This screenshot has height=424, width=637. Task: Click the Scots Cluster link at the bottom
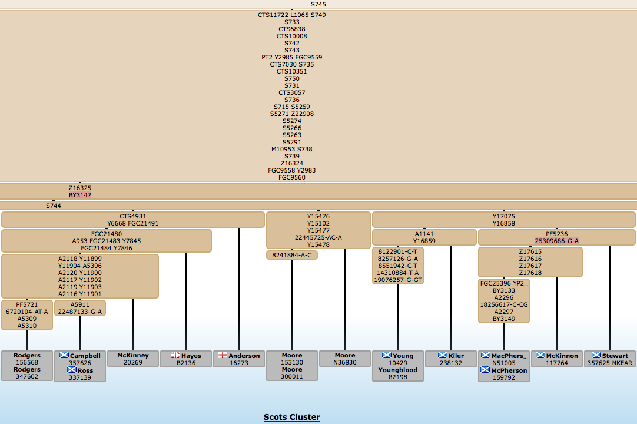pos(291,417)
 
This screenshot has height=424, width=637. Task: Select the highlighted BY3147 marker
pos(80,195)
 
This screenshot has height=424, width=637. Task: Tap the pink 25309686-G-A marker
pos(557,241)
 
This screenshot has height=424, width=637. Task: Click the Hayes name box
pos(186,356)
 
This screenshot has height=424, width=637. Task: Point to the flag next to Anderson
pos(222,355)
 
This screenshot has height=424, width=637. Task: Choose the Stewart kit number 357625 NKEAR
pos(609,363)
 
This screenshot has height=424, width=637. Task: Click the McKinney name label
pos(133,355)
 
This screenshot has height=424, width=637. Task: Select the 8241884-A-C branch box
pos(291,255)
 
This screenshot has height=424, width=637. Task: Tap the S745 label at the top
pos(318,4)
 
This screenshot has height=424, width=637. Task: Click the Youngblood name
pos(398,370)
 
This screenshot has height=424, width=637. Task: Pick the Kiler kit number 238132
pos(451,363)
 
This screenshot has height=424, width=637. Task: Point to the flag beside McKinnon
pos(540,355)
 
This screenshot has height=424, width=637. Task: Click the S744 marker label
pos(54,206)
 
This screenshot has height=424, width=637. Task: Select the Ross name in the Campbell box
pos(85,370)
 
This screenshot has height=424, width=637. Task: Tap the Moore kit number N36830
pos(345,363)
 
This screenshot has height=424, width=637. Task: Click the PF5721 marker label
pos(27,304)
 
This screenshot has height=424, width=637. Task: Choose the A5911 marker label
pos(80,304)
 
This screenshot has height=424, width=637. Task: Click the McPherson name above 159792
pos(509,370)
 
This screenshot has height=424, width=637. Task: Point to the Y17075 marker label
pos(504,216)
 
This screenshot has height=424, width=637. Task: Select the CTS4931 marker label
pos(132,216)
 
